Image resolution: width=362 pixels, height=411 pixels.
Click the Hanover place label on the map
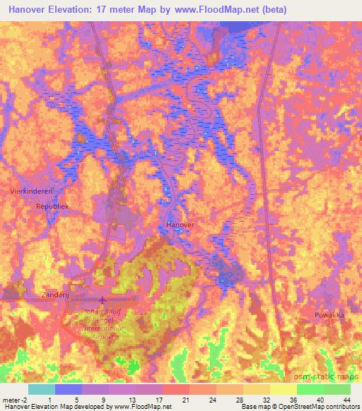(x=179, y=224)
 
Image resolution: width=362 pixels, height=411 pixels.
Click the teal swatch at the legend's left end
(x=42, y=388)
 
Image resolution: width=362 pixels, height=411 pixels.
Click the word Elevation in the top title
(x=78, y=9)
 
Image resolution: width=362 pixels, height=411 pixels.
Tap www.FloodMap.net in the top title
(x=215, y=9)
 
